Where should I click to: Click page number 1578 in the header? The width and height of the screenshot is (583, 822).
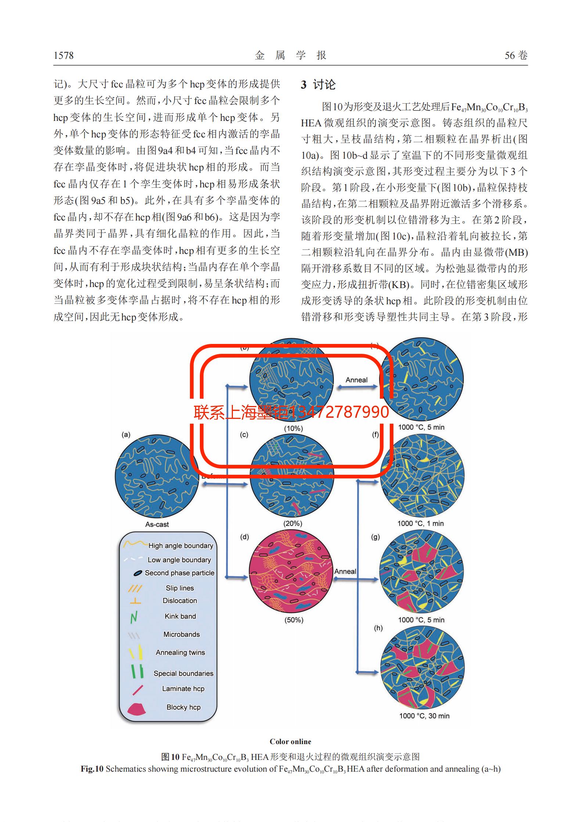pos(64,55)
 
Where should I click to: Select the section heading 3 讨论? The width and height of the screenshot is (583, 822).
pos(318,85)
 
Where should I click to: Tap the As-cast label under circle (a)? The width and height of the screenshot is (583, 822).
pos(157,524)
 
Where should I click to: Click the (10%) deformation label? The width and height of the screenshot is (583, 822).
pos(293,428)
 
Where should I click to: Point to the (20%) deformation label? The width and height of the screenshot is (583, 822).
pos(293,523)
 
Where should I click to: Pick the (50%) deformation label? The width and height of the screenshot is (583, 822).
pos(294,620)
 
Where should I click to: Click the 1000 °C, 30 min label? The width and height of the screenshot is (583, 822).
pos(424,716)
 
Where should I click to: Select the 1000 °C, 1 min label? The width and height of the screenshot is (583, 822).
pos(421,523)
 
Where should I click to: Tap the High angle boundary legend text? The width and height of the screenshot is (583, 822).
pos(180,546)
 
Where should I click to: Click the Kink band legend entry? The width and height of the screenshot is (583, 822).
pos(180,616)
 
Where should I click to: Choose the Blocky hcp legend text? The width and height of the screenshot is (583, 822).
pos(183,707)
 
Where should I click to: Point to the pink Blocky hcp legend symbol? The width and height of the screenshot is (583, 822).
pos(136,708)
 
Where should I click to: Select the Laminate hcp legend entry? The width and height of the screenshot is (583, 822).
pos(183,689)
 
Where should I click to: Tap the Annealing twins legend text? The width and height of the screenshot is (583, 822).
pos(180,652)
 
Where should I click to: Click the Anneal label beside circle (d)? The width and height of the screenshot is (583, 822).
pos(345,571)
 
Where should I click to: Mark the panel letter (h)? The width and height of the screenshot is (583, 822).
pos(378,628)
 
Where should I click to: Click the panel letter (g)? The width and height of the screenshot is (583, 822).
pos(375,537)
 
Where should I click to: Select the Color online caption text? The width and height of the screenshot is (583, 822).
pos(290,742)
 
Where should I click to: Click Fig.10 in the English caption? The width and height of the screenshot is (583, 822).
pos(92,769)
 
